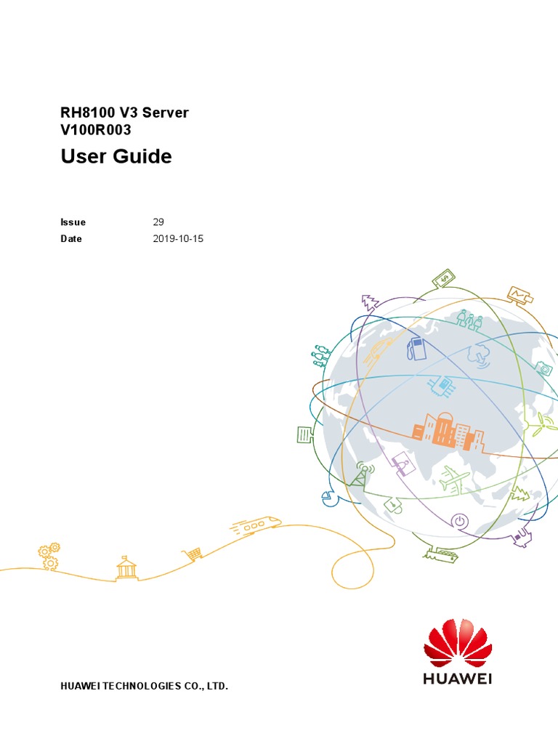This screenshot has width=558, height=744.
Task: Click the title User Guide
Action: pyautogui.click(x=116, y=156)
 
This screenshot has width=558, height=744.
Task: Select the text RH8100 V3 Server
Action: pyautogui.click(x=124, y=113)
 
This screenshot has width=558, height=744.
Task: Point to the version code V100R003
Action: pyautogui.click(x=96, y=129)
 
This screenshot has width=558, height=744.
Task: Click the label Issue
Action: pyautogui.click(x=73, y=222)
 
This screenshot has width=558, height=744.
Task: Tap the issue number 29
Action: pyautogui.click(x=158, y=222)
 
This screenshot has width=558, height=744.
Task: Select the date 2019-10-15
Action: pyautogui.click(x=178, y=238)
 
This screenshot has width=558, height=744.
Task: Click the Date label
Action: pyautogui.click(x=71, y=238)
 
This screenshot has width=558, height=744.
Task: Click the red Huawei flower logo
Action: pyautogui.click(x=458, y=643)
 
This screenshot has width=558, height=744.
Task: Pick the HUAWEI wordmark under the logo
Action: pyautogui.click(x=458, y=679)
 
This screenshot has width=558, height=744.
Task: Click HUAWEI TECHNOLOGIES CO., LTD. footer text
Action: pyautogui.click(x=145, y=686)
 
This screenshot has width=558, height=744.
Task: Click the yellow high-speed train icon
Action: pyautogui.click(x=256, y=525)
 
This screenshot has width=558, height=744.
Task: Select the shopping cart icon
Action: pyautogui.click(x=193, y=553)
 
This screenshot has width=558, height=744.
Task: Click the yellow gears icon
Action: pyautogui.click(x=49, y=556)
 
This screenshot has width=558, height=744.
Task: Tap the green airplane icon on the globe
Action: pyautogui.click(x=453, y=480)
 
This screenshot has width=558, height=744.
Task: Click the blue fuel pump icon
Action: pyautogui.click(x=416, y=349)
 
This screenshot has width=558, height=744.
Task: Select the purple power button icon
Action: pyautogui.click(x=459, y=521)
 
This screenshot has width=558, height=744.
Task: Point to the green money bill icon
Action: pyautogui.click(x=444, y=278)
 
